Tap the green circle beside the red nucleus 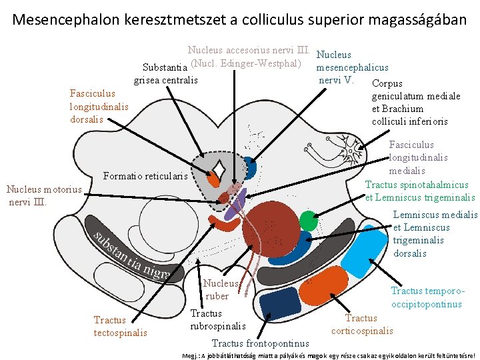pos(308,221)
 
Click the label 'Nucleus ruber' pos(217,290)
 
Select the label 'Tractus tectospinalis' pos(120,326)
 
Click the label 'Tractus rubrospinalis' pos(217,319)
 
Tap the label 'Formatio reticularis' pos(146,177)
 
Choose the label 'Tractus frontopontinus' pos(260,343)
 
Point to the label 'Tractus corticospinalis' pos(362,325)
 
